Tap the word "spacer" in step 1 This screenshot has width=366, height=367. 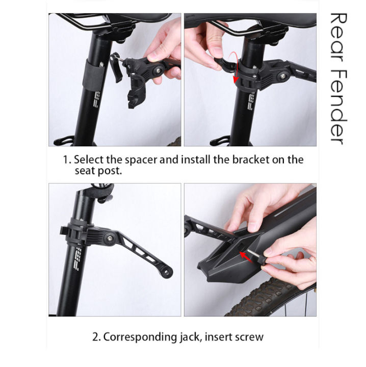(141, 160)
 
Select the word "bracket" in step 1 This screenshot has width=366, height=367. (246, 160)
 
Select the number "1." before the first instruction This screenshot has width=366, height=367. (66, 160)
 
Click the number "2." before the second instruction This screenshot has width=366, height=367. (96, 337)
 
